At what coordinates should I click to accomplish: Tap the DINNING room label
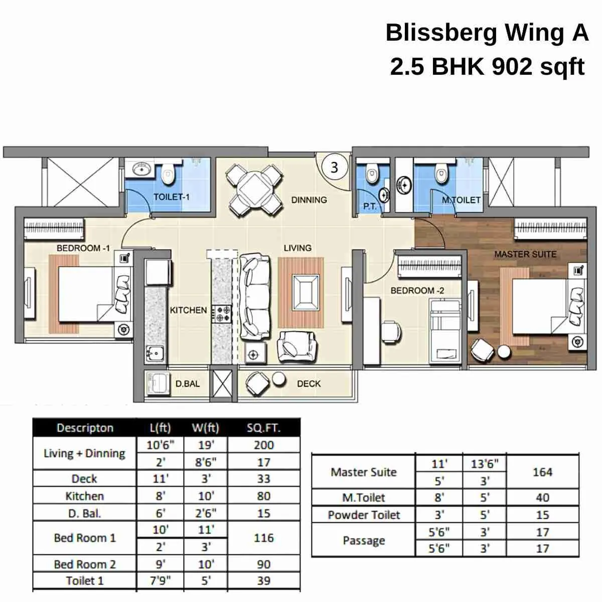tap(309, 200)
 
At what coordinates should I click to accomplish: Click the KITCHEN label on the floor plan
tap(188, 310)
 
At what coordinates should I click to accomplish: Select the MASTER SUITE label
tap(525, 254)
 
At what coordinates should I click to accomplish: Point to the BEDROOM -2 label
tap(417, 290)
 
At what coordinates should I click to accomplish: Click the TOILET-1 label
tap(172, 197)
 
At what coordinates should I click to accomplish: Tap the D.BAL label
tap(188, 384)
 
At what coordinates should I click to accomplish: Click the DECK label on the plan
tap(309, 384)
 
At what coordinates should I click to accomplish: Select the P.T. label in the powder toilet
tap(370, 206)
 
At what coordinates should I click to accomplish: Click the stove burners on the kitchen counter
tap(221, 314)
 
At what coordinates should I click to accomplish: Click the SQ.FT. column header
tap(263, 428)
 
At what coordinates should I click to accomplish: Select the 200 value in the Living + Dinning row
tap(263, 445)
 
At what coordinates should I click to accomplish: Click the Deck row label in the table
tap(84, 479)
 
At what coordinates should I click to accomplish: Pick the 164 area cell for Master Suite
tap(542, 472)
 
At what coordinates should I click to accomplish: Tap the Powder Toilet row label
tap(364, 515)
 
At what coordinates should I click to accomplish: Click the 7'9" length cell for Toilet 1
tap(160, 581)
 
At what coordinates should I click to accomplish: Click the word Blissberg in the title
tap(441, 33)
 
